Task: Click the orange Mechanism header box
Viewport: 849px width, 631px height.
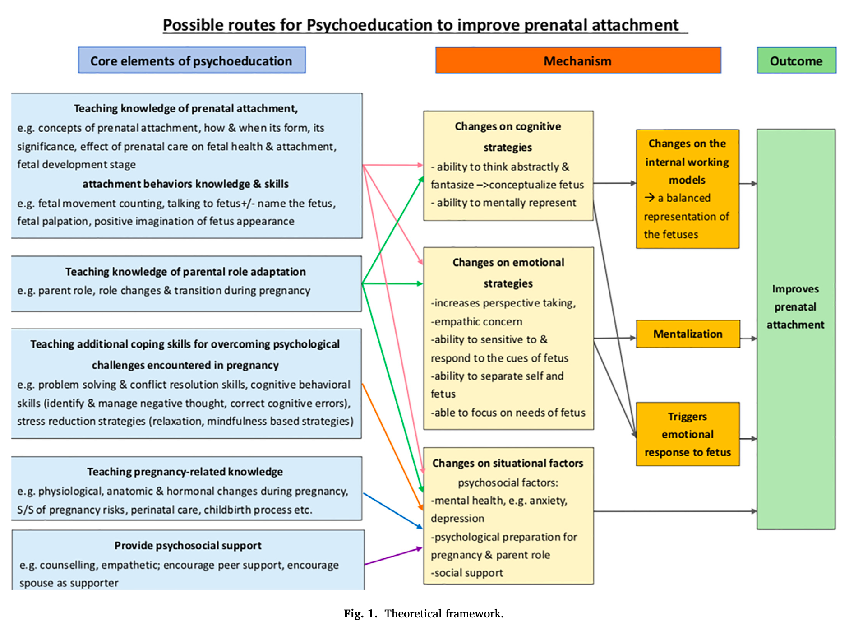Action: point(578,60)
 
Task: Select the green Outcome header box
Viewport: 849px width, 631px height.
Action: point(796,60)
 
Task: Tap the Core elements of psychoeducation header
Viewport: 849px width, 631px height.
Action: point(192,60)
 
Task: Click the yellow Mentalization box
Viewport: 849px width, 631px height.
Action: point(688,334)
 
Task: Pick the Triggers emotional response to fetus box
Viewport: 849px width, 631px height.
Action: point(688,434)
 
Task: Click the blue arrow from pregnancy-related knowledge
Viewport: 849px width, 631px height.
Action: point(393,511)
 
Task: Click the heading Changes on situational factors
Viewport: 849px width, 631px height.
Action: point(508,463)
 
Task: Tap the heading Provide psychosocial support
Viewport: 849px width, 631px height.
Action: point(188,545)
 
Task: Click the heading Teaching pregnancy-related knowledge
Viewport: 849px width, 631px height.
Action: point(185,472)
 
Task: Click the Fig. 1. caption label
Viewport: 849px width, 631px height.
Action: point(360,613)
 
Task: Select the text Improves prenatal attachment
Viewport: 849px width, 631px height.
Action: point(796,307)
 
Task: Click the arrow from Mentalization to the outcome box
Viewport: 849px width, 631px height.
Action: point(748,339)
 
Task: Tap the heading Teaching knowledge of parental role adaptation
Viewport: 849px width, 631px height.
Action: point(185,272)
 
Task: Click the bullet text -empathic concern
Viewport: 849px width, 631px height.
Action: point(476,321)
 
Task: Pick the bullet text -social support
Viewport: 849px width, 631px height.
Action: point(467,573)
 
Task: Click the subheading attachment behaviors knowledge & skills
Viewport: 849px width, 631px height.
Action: point(185,184)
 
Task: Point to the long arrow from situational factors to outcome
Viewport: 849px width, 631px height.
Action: point(675,511)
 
